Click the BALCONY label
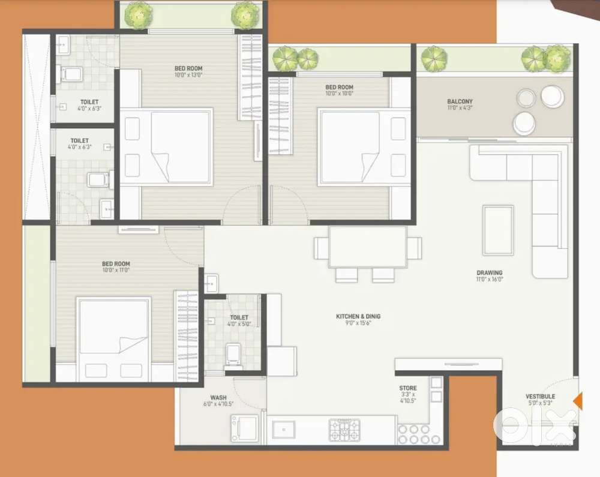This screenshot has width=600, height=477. [460, 101]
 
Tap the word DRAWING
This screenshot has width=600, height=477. [490, 273]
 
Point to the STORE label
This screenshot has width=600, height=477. [408, 388]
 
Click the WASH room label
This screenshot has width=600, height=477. [218, 397]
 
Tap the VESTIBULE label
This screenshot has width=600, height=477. [540, 396]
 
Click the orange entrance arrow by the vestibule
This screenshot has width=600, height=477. [577, 400]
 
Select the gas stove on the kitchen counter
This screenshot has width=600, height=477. [344, 429]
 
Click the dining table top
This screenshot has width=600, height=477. [367, 247]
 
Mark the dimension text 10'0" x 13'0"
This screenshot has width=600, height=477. [188, 76]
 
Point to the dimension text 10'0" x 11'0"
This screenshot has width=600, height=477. [116, 271]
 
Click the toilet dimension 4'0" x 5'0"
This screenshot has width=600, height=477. [238, 325]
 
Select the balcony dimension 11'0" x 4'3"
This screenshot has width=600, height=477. [460, 109]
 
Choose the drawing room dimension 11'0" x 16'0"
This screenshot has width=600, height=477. [490, 280]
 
